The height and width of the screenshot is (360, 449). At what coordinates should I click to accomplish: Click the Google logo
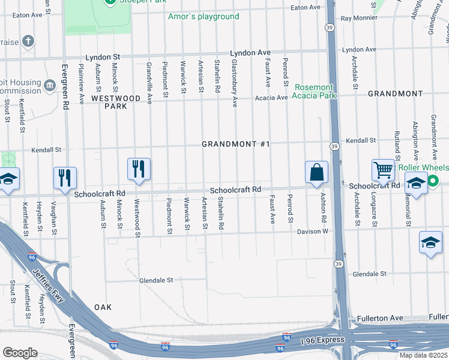20,353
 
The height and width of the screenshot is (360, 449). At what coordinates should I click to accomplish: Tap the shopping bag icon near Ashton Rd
316,173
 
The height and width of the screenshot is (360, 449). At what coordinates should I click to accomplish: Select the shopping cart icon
383,171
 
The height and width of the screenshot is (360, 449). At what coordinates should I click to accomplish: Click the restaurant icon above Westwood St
139,170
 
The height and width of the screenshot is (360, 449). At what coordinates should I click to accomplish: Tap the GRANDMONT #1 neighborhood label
236,145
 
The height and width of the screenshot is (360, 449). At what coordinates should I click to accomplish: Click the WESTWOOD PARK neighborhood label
116,102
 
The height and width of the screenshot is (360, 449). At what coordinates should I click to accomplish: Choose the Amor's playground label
203,17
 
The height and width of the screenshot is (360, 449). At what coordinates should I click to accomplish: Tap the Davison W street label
312,231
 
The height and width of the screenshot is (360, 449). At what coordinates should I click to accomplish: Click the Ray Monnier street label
359,18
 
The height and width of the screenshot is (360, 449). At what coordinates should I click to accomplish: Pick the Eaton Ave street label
306,7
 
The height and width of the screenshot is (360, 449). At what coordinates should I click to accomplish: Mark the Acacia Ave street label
271,97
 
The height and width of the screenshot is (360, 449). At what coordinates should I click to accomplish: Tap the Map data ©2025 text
424,355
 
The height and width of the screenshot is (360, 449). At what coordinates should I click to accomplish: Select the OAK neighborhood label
103,307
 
